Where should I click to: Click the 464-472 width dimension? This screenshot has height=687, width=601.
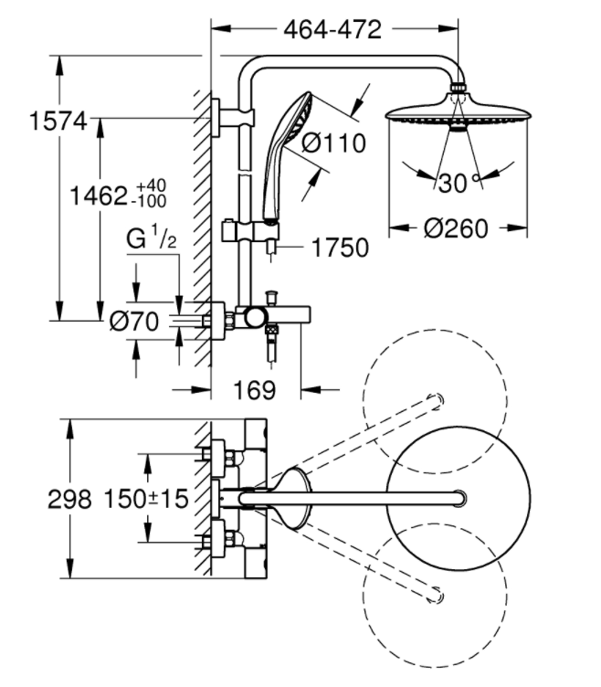click(332, 30)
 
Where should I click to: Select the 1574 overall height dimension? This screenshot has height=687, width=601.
click(58, 121)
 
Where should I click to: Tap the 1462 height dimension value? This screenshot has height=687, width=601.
click(99, 196)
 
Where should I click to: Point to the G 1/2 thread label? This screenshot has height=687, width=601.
click(151, 237)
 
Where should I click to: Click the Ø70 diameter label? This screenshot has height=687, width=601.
click(134, 322)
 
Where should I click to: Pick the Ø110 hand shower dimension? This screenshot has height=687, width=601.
click(333, 143)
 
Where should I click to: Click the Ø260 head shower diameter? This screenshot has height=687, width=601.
click(456, 228)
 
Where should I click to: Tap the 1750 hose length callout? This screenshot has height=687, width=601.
click(340, 248)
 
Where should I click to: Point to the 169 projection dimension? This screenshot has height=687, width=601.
click(255, 389)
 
